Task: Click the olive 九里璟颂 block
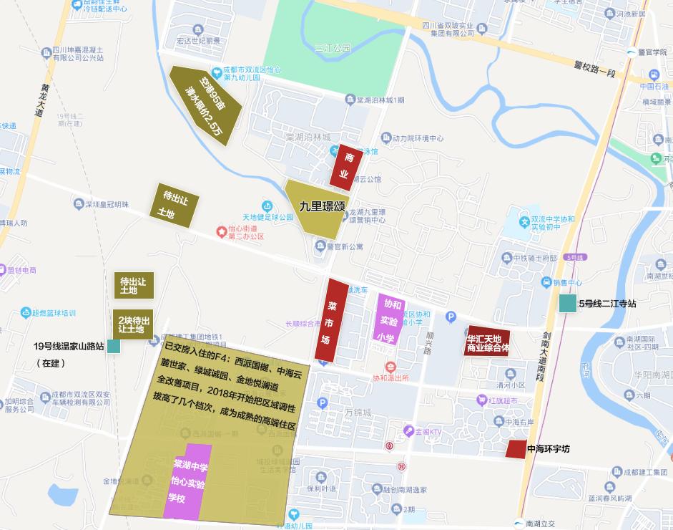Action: pos(315,208)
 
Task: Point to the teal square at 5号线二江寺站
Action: pos(568,304)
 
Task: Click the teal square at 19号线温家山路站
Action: pos(114,347)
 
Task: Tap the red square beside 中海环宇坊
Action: pos(515,449)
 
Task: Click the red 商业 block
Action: pos(343,167)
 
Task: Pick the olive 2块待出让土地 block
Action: pos(134,325)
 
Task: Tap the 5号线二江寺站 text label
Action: pos(607,304)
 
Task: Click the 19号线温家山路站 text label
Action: pos(69,347)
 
